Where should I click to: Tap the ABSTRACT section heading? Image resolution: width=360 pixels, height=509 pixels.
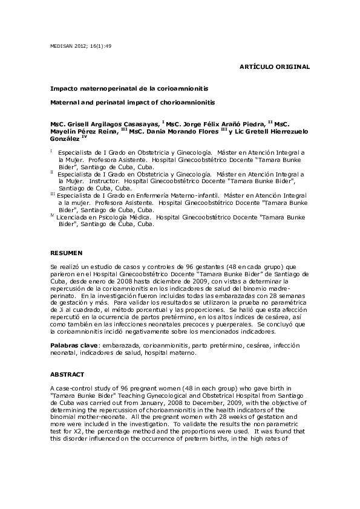(x=65, y=375)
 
